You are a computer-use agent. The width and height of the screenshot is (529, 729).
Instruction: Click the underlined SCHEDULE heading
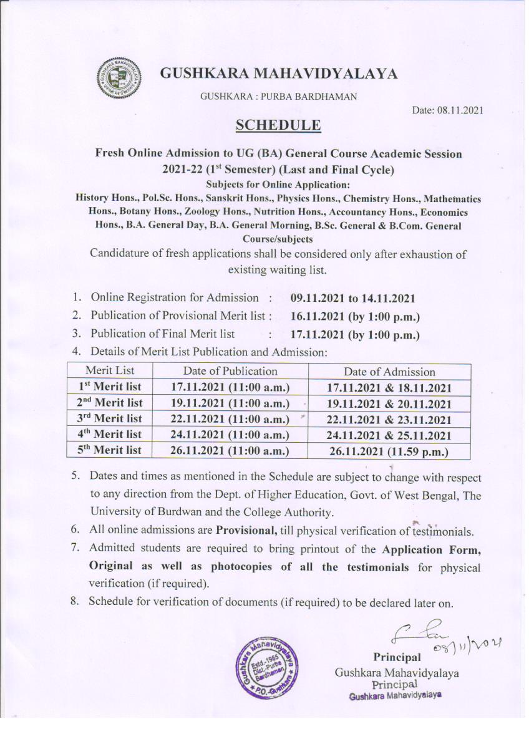coord(278,125)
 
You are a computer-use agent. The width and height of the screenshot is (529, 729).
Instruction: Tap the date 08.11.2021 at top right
coord(448,110)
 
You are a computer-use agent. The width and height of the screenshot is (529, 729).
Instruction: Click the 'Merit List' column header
coord(110,371)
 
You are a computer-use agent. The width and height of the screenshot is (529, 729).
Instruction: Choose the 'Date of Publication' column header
coord(230,371)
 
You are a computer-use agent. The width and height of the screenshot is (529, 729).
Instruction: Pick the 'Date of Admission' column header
coord(389,372)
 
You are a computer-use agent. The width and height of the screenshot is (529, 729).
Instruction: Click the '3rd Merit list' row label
coord(110,418)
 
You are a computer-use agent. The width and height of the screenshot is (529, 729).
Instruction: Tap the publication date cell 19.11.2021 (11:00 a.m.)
coord(230,403)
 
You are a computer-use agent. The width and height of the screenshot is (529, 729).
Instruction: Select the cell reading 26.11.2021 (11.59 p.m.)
coord(389,451)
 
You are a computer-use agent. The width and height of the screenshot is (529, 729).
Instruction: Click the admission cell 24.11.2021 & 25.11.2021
coord(389,435)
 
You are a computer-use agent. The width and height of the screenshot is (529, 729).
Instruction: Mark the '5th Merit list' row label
coord(110,450)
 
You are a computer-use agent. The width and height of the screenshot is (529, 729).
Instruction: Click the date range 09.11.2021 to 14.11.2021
coord(353,298)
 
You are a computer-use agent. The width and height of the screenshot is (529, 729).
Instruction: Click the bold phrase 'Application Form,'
coord(431,550)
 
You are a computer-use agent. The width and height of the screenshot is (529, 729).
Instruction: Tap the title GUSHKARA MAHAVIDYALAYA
coord(279,74)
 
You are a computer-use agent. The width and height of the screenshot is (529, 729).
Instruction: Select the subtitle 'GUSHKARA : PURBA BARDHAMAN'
coord(278,96)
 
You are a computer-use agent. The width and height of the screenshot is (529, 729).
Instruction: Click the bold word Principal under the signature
coord(397,657)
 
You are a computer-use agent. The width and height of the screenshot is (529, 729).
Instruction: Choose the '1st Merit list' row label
coord(110,387)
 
